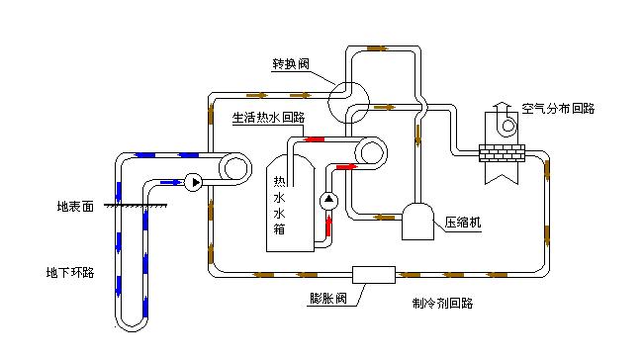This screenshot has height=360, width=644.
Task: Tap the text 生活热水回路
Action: tap(267, 117)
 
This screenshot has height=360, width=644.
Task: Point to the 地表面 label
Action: tap(75, 208)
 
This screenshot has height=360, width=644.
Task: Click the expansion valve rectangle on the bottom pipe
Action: tap(374, 273)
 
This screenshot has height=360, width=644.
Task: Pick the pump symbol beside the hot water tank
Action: tap(329, 201)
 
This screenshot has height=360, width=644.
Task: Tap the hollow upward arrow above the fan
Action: tap(502, 104)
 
